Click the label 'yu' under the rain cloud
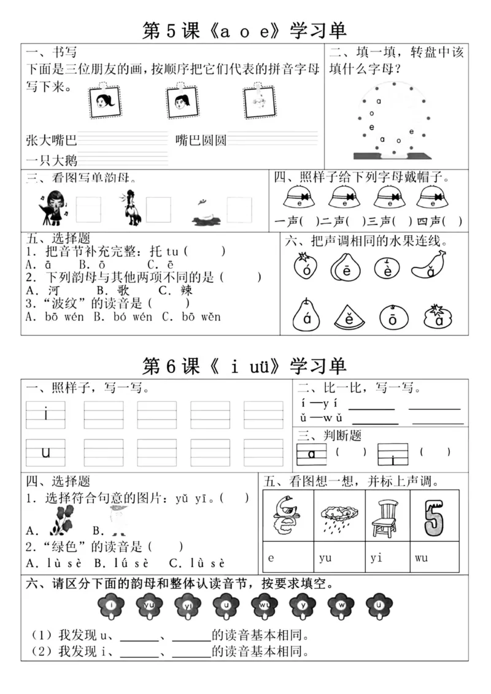325,558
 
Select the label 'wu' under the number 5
421,558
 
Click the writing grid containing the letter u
45,453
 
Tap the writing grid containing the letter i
45,415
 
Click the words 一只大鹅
52,161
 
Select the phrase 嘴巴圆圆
201,141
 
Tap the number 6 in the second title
172,366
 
